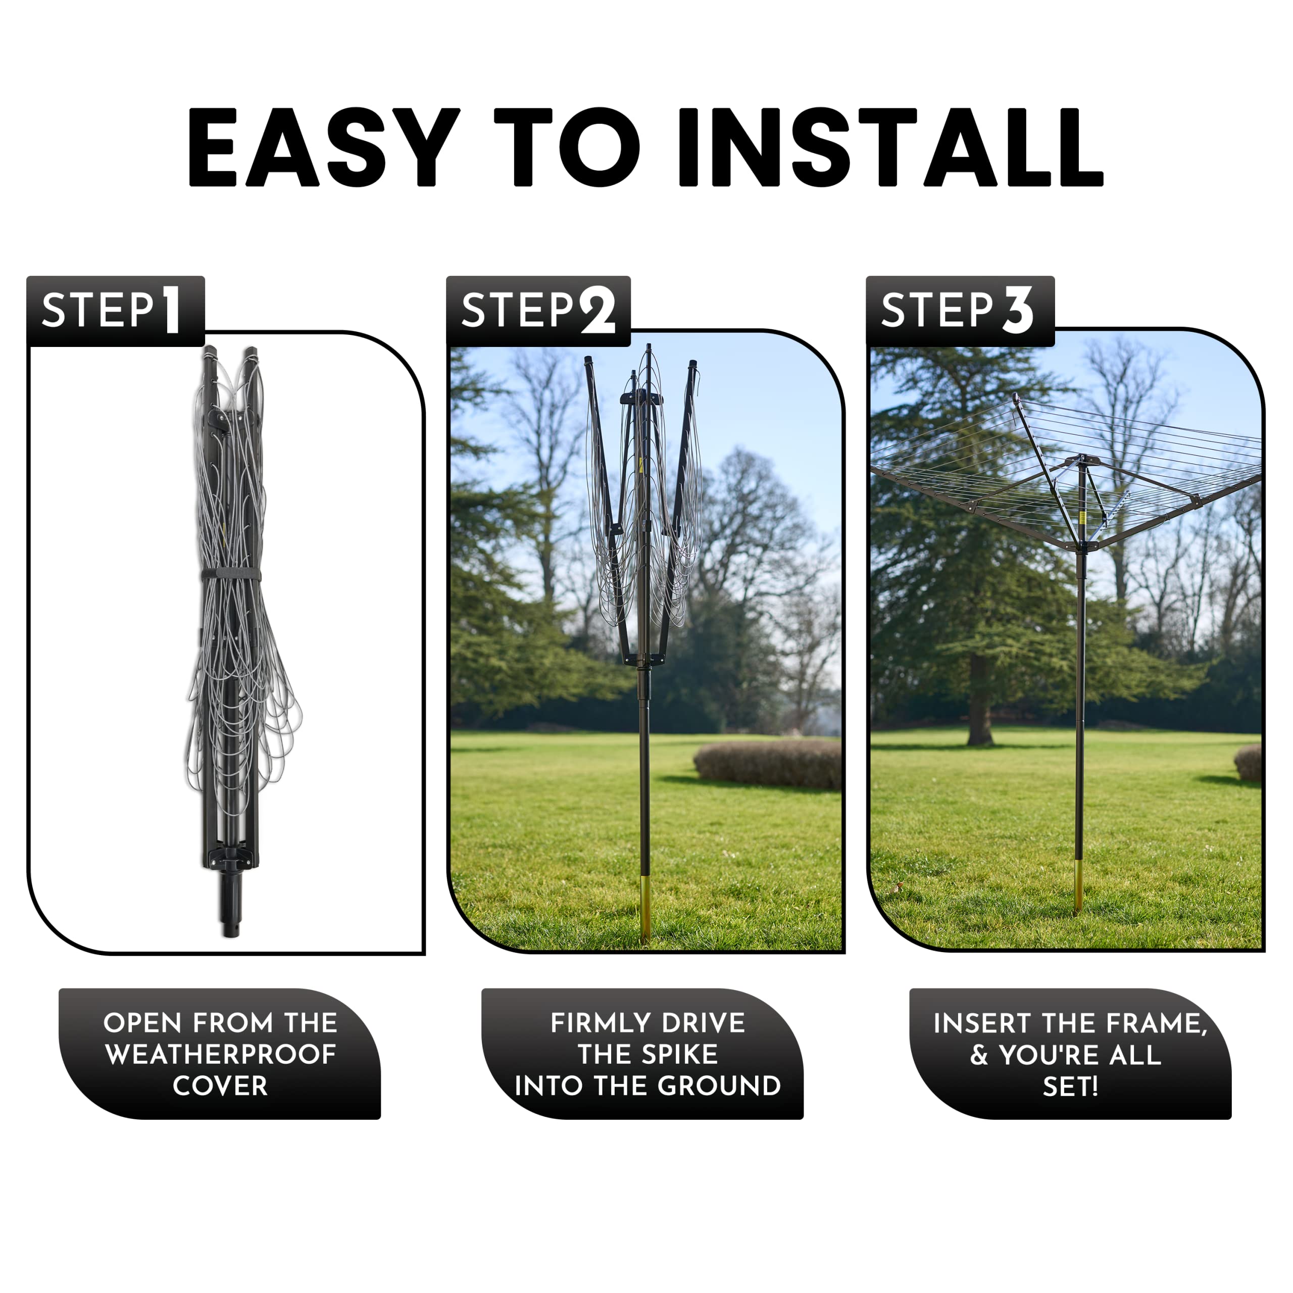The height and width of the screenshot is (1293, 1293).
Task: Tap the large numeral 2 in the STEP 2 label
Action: point(598,310)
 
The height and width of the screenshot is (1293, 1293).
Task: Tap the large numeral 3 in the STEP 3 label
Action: point(1018,310)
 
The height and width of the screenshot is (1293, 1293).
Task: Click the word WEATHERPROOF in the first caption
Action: point(220,1054)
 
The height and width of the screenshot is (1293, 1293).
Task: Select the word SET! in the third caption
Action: point(1070,1086)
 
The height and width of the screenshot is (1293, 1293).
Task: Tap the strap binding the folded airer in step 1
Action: point(231,576)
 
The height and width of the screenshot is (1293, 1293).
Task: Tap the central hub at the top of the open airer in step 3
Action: point(1081,461)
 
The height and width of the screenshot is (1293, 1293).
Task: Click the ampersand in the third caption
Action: point(979,1055)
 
